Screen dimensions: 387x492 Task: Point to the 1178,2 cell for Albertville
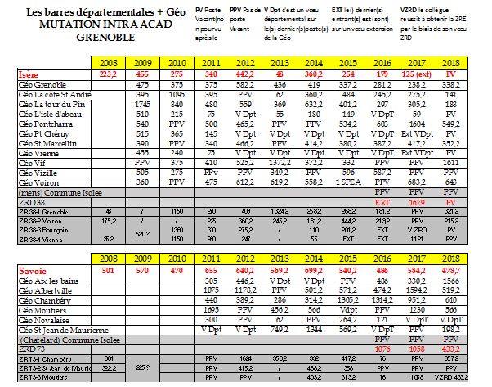(x=248, y=290)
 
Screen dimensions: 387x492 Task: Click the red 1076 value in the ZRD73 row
(x=381, y=349)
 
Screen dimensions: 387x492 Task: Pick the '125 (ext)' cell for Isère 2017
(x=418, y=74)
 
